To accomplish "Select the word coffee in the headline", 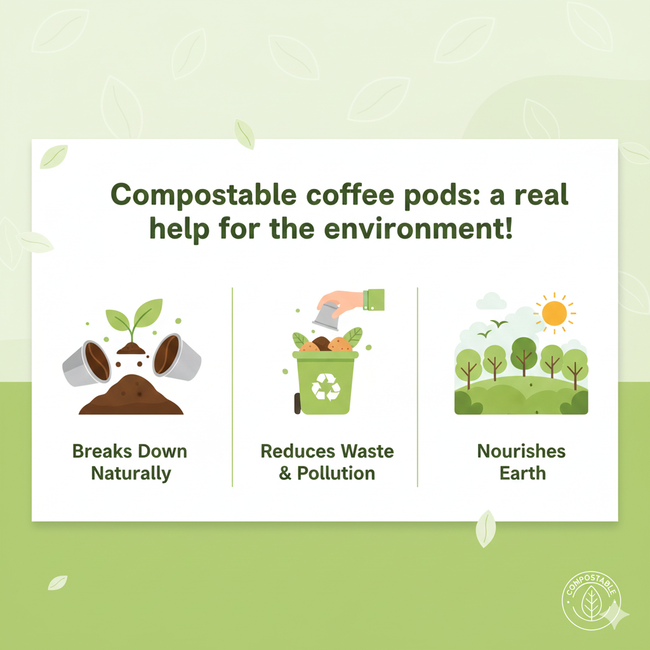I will [x=343, y=196].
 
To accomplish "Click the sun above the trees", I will [x=554, y=313].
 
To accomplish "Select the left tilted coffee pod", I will [x=88, y=361].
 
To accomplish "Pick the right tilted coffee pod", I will [x=176, y=357].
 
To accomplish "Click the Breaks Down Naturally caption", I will [x=130, y=462].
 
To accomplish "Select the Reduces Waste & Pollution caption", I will [x=327, y=462].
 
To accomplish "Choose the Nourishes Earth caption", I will [x=521, y=462].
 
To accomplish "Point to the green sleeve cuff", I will [x=375, y=299].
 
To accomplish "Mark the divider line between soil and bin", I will [x=232, y=387].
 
